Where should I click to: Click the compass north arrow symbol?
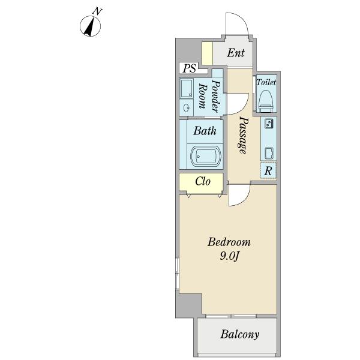[90, 26]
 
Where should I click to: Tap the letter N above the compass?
[97, 11]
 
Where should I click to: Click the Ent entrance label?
[236, 53]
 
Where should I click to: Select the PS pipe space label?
[190, 68]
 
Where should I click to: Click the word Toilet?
[266, 82]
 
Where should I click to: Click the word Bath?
[205, 131]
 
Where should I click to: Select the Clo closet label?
[203, 181]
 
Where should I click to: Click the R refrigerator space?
[268, 170]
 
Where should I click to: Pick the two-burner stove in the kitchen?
[269, 124]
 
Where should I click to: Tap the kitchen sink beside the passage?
[269, 153]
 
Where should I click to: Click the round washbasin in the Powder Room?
[187, 107]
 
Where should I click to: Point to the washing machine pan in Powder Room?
[187, 88]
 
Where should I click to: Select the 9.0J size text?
[230, 256]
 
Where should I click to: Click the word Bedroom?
[229, 242]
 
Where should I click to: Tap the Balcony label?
[239, 335]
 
